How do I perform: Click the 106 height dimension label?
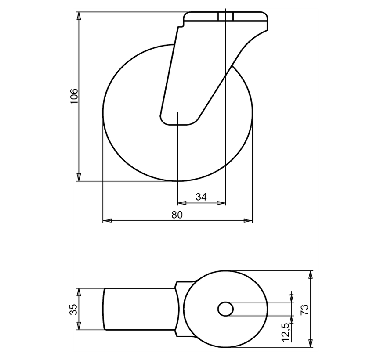(x=74, y=96)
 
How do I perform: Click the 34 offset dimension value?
(x=201, y=197)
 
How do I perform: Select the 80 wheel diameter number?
(x=177, y=215)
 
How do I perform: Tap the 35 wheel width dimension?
(x=74, y=309)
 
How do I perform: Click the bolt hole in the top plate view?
(x=226, y=309)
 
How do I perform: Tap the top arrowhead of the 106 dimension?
(x=79, y=16)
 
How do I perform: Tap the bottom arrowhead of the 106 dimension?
(x=79, y=177)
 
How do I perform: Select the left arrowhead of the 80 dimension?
(x=106, y=220)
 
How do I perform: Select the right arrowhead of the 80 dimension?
(x=249, y=220)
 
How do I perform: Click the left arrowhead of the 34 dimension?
(x=181, y=203)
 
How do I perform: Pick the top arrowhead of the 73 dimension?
(x=311, y=275)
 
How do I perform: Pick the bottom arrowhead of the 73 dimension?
(x=311, y=343)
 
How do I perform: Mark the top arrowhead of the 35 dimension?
(x=79, y=292)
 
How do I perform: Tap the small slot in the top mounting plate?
(x=225, y=16)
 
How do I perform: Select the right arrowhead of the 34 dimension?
(x=222, y=203)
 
